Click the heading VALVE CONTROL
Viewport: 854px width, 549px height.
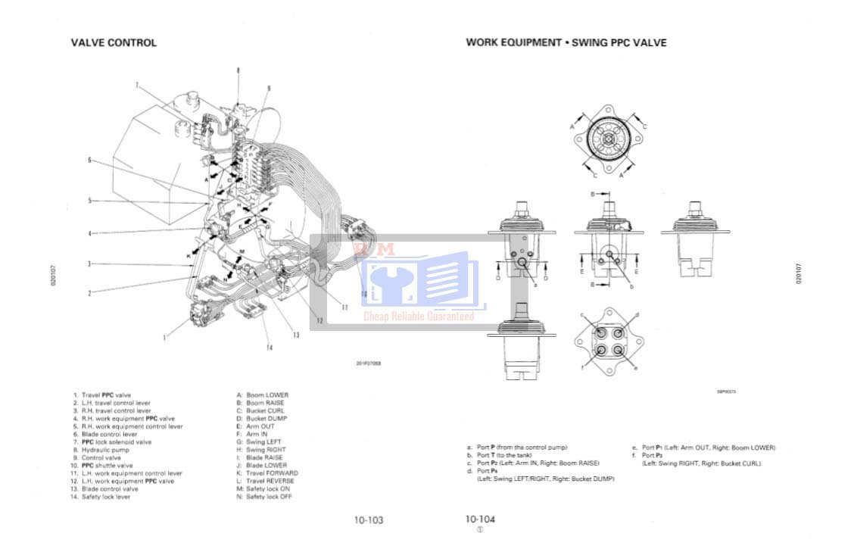(x=114, y=43)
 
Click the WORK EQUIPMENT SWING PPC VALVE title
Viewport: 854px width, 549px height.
(x=566, y=43)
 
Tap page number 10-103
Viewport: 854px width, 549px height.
(x=369, y=520)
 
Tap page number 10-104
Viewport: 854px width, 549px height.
(x=480, y=519)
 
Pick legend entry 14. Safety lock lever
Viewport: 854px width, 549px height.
(x=106, y=497)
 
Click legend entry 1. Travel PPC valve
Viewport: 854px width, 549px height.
(x=102, y=395)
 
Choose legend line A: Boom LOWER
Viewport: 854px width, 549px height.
(x=263, y=395)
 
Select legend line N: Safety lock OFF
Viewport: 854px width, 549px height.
(x=264, y=497)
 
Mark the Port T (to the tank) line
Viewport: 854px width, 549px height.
(x=499, y=455)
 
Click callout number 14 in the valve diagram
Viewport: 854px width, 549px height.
(x=268, y=348)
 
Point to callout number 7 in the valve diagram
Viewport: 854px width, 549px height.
(x=137, y=85)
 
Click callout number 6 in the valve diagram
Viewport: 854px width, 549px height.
(x=89, y=160)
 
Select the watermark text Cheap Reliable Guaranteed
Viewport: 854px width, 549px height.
(x=419, y=317)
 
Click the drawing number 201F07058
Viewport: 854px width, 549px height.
(x=369, y=363)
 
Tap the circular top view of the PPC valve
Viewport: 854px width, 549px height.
(x=608, y=139)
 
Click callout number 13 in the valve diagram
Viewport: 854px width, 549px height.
(x=296, y=335)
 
